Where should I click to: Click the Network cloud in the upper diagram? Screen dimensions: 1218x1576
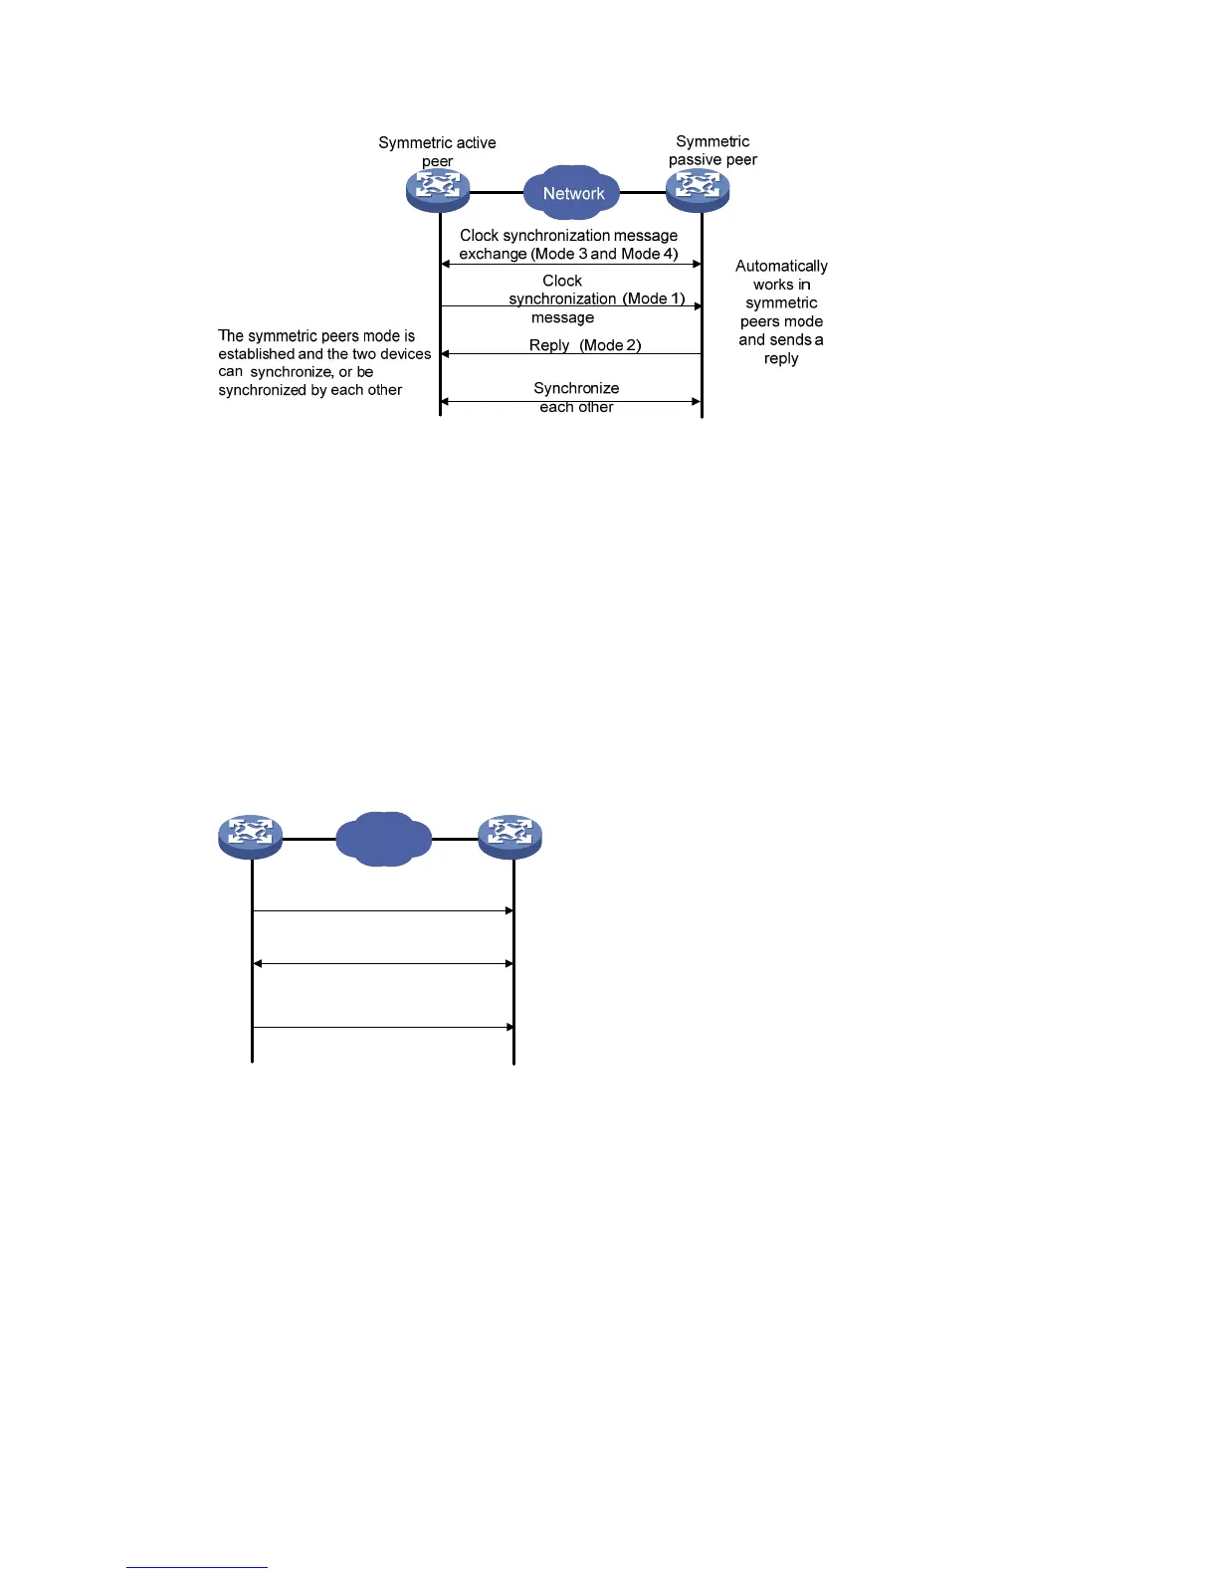click(573, 192)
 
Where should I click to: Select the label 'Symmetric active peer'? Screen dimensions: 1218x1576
click(437, 151)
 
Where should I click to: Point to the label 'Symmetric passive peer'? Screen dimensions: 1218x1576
click(712, 150)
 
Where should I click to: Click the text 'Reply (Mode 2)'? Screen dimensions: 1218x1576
click(585, 345)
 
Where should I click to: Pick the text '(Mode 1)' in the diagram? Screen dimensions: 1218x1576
click(654, 298)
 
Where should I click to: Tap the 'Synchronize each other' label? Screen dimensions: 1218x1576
click(576, 397)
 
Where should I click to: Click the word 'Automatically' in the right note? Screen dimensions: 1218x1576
click(781, 266)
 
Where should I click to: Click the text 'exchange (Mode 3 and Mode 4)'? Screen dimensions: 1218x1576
click(568, 254)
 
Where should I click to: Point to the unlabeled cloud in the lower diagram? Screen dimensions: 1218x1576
click(384, 839)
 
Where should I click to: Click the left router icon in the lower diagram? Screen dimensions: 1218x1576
click(251, 836)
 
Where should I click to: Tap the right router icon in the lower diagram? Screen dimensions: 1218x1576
click(509, 836)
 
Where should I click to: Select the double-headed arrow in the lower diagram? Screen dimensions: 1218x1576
click(383, 963)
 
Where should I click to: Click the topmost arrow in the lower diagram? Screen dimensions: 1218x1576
click(383, 910)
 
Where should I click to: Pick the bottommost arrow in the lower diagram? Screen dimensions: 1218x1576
click(383, 1027)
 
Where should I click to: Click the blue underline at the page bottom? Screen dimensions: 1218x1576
click(197, 1567)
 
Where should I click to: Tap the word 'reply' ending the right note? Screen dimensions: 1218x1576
click(781, 358)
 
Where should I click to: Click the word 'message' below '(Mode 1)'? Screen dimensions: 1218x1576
click(562, 317)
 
